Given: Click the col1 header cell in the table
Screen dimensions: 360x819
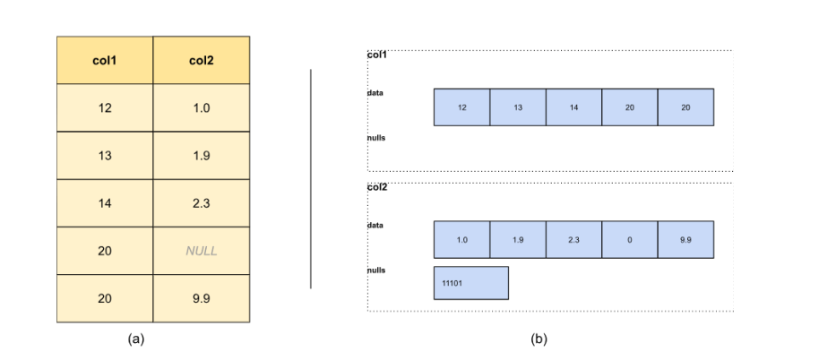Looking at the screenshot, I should (x=105, y=60).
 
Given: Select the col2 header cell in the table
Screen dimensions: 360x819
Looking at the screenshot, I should (x=202, y=60).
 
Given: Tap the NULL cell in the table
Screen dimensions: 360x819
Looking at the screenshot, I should (x=202, y=251).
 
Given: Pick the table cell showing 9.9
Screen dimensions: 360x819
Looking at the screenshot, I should (x=202, y=298).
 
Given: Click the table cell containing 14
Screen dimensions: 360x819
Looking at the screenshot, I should (x=105, y=203).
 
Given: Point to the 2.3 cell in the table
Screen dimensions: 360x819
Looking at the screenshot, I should (x=202, y=203).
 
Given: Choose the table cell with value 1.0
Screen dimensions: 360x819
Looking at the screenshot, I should (x=202, y=107).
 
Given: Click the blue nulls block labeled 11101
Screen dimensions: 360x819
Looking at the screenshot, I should (x=470, y=282).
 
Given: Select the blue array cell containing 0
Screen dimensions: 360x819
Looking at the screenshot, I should (x=629, y=239).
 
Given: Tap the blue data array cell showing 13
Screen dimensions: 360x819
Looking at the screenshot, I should (x=518, y=107).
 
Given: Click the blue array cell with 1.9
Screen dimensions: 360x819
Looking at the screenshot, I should (x=518, y=239).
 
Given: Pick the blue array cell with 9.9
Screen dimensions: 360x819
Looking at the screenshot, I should (x=685, y=239).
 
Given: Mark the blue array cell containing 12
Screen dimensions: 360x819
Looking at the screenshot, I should (x=461, y=107).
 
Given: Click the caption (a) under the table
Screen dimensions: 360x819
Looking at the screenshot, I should (x=136, y=339).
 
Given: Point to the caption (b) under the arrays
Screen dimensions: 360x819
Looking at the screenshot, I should (x=539, y=339).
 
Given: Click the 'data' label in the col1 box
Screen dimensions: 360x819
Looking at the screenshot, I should (x=375, y=92).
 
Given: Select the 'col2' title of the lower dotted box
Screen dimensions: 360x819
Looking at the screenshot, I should (x=377, y=188).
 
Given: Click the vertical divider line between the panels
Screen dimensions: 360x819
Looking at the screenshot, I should (x=311, y=179).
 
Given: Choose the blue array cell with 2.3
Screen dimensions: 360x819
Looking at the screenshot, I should (x=573, y=239).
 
